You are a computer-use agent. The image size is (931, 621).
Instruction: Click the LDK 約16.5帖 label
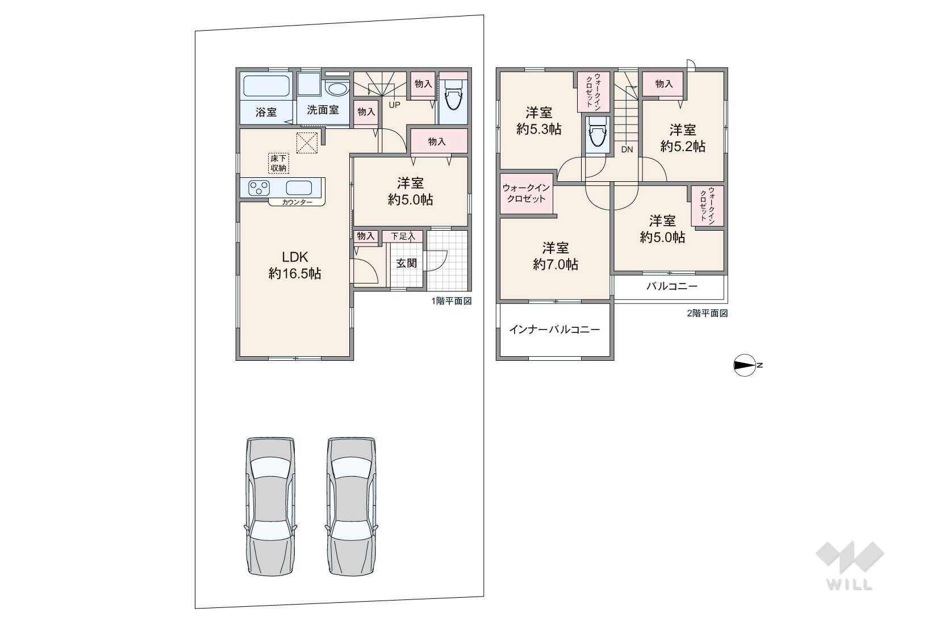295,265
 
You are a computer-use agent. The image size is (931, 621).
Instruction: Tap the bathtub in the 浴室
266,86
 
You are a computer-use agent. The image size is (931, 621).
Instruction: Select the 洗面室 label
323,110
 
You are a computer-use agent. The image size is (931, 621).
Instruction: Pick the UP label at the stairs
394,105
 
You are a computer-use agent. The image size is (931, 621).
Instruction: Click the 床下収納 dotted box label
278,163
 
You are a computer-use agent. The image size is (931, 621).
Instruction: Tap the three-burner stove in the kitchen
259,188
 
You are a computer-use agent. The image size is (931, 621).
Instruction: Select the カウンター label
297,202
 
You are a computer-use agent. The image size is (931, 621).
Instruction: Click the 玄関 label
406,263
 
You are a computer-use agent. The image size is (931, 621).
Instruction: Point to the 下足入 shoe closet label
403,236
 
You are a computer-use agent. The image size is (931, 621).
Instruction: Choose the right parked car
352,506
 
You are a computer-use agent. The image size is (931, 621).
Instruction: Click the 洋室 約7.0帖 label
556,256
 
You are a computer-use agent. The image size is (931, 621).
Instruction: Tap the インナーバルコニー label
555,330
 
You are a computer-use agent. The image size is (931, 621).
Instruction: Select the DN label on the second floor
627,149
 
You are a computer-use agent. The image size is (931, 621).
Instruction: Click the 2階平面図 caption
707,314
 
